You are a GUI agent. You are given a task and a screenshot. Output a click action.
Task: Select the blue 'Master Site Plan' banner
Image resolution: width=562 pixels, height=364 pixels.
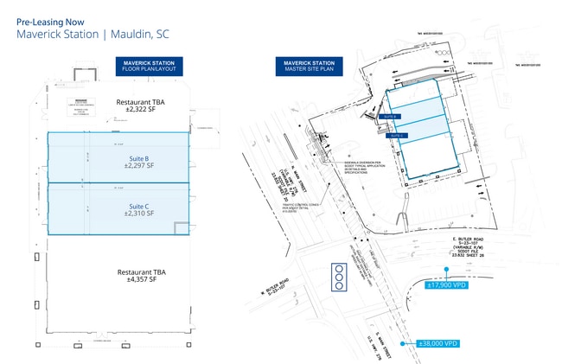point(309,67)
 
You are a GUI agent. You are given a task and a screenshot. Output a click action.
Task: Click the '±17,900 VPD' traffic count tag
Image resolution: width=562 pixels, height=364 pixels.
point(448,284)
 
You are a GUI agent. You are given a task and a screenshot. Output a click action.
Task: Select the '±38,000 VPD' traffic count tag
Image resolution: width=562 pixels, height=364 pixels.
point(437,343)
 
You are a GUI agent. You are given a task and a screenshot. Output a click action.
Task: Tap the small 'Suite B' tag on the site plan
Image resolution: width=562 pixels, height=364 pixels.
point(390,116)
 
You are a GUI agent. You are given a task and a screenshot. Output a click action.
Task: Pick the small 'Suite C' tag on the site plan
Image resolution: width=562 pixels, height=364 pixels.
point(397,135)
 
